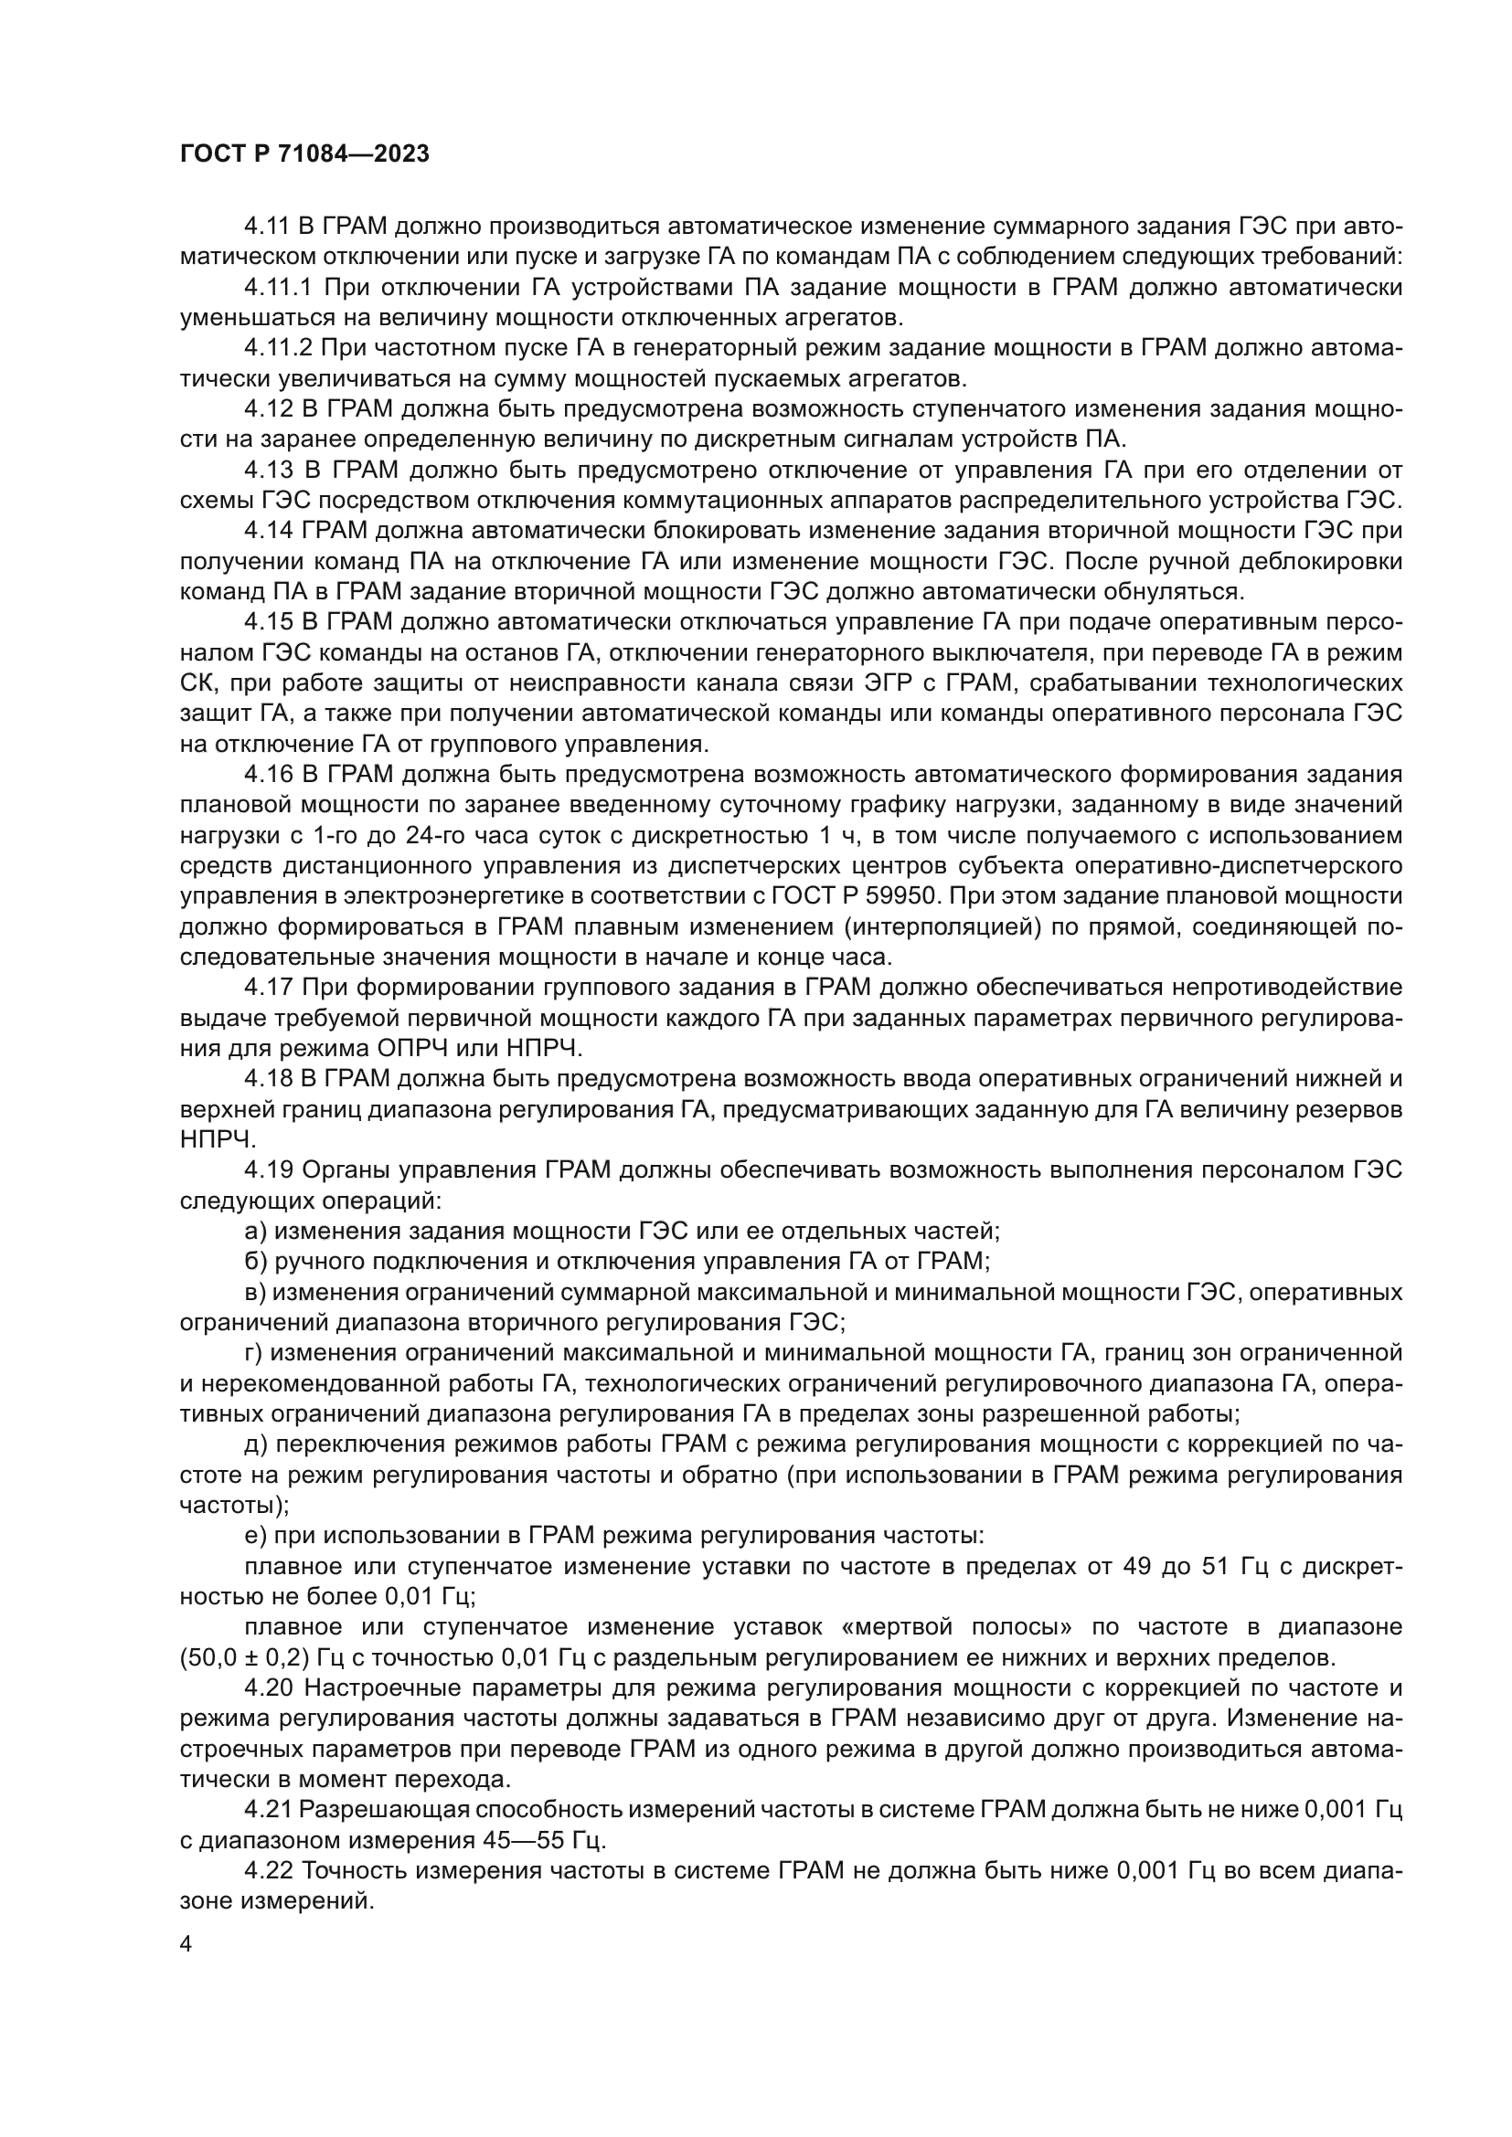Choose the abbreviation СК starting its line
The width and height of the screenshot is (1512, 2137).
click(x=197, y=683)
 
